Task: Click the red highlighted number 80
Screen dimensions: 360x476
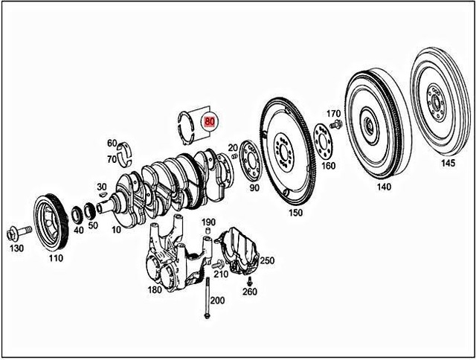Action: click(210, 119)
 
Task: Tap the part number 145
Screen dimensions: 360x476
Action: click(448, 162)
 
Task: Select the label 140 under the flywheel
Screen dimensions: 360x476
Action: click(384, 187)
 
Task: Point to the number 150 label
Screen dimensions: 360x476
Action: click(295, 213)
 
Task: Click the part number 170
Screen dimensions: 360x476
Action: click(334, 114)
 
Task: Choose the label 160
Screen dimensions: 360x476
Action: click(327, 165)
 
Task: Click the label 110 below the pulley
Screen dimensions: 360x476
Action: click(56, 259)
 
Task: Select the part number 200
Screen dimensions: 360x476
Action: click(216, 300)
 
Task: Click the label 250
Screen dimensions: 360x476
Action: click(267, 260)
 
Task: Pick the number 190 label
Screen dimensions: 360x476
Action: click(208, 222)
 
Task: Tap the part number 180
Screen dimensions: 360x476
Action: click(155, 290)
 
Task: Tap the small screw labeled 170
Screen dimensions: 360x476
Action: click(335, 125)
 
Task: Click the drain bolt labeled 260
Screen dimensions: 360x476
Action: click(250, 280)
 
